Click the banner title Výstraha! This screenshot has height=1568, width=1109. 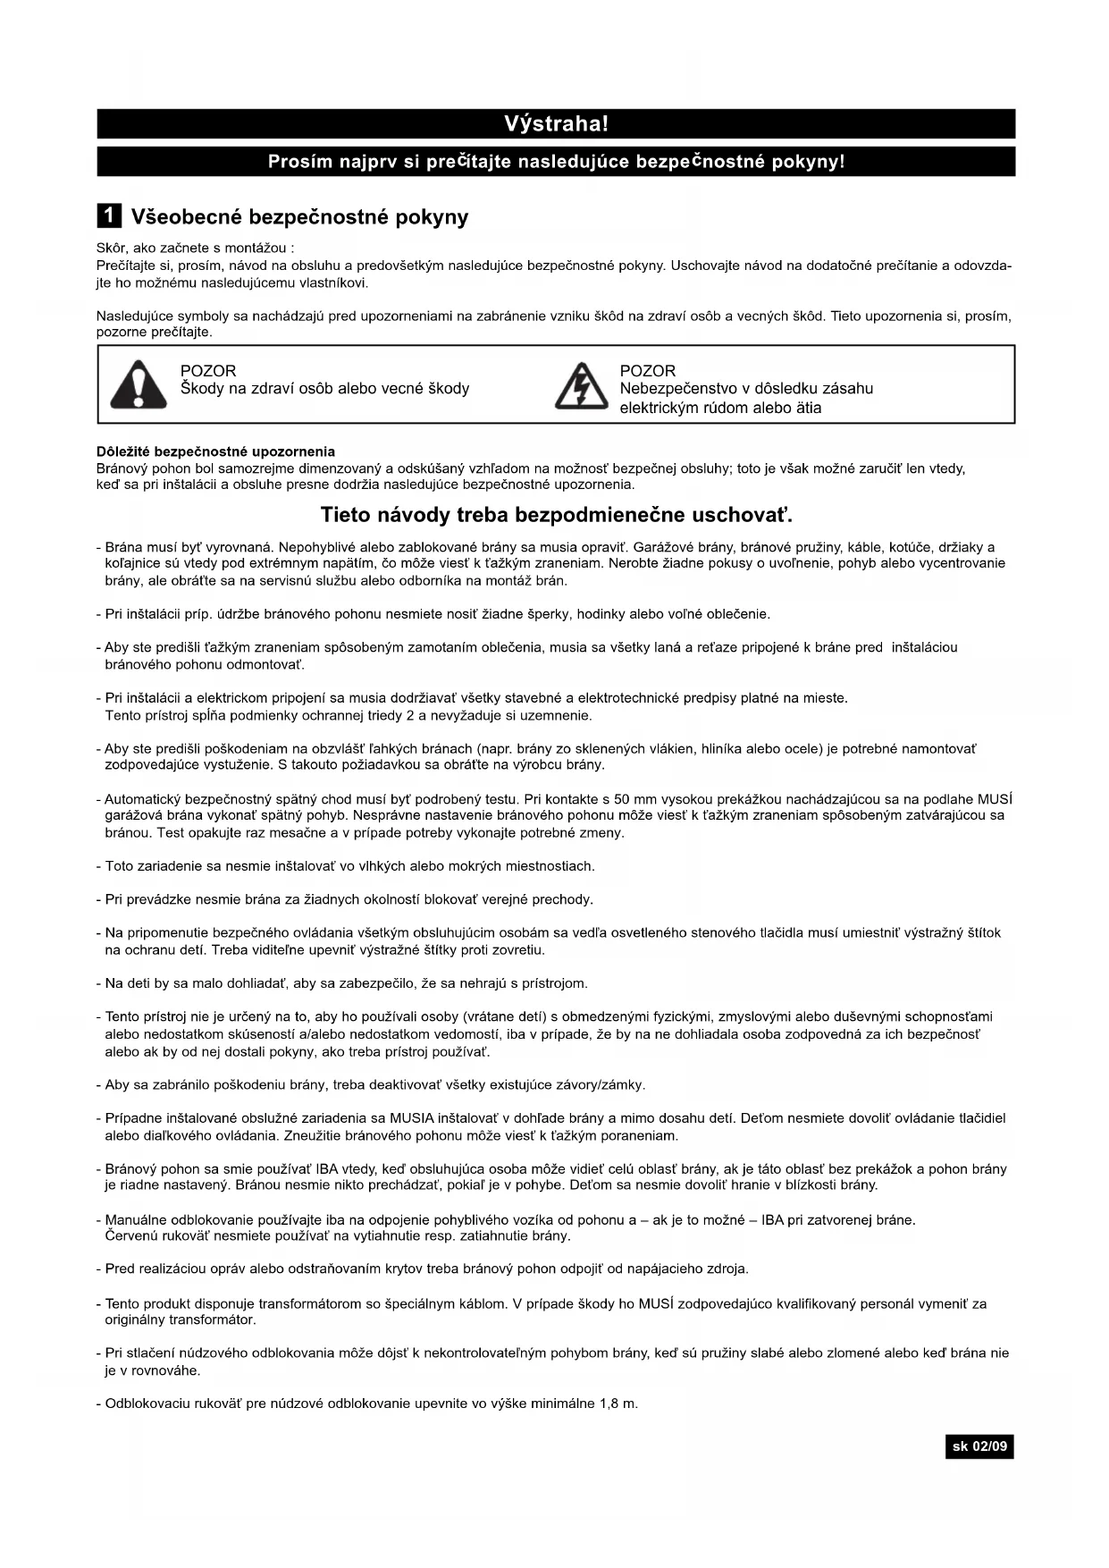(556, 123)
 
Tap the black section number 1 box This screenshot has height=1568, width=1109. (109, 216)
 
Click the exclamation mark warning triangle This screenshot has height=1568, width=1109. (139, 385)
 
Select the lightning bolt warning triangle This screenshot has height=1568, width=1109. (581, 386)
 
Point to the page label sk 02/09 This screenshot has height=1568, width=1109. (979, 1446)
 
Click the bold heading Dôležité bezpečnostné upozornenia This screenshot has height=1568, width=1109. (215, 451)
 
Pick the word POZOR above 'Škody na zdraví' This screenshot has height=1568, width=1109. (208, 371)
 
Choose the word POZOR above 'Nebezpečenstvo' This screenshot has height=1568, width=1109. (648, 371)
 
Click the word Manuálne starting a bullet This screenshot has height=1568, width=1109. (138, 1220)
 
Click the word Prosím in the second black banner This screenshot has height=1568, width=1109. (300, 162)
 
